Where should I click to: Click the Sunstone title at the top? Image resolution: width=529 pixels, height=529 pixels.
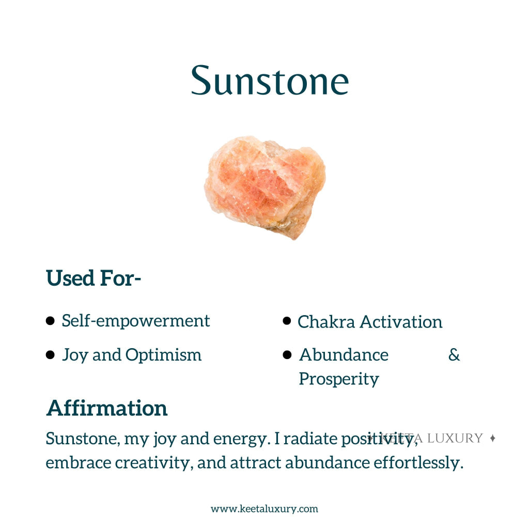tap(270, 80)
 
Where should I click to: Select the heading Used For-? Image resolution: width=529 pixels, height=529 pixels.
tap(94, 278)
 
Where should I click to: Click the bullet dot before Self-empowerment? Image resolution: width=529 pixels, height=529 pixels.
tap(50, 321)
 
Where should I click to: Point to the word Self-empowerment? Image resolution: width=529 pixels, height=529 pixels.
tap(136, 321)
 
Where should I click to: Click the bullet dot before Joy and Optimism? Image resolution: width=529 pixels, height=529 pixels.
tap(50, 355)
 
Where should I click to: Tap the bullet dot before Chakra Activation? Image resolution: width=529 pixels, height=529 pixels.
tap(287, 321)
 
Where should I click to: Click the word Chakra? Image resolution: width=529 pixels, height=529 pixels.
tap(326, 322)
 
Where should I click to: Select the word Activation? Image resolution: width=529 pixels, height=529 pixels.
tap(401, 322)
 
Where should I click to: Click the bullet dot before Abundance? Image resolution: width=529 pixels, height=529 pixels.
tap(288, 355)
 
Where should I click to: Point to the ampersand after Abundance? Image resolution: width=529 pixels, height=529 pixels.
tap(454, 355)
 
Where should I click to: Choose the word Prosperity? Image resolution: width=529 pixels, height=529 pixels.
tap(339, 379)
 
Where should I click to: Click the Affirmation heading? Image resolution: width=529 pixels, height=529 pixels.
tap(107, 408)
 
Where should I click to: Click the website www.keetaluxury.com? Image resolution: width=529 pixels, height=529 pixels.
tap(264, 509)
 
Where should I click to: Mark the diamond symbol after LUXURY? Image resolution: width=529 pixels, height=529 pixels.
tap(492, 438)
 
